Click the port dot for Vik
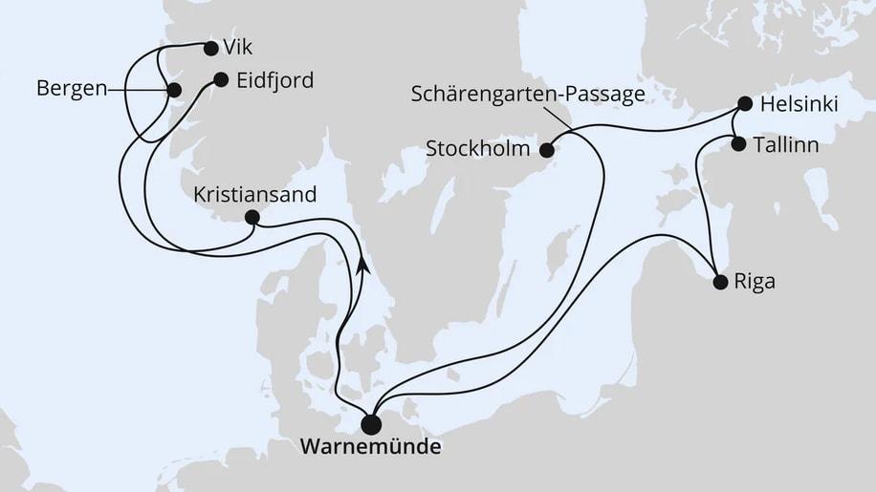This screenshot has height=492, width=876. click(210, 45)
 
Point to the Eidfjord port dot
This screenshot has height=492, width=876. click(220, 80)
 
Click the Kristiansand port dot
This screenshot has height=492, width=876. click(252, 217)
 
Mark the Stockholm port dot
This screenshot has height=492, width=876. click(547, 149)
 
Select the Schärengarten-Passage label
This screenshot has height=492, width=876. click(527, 94)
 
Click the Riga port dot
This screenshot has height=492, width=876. click(720, 282)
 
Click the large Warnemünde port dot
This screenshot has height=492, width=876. click(373, 424)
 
